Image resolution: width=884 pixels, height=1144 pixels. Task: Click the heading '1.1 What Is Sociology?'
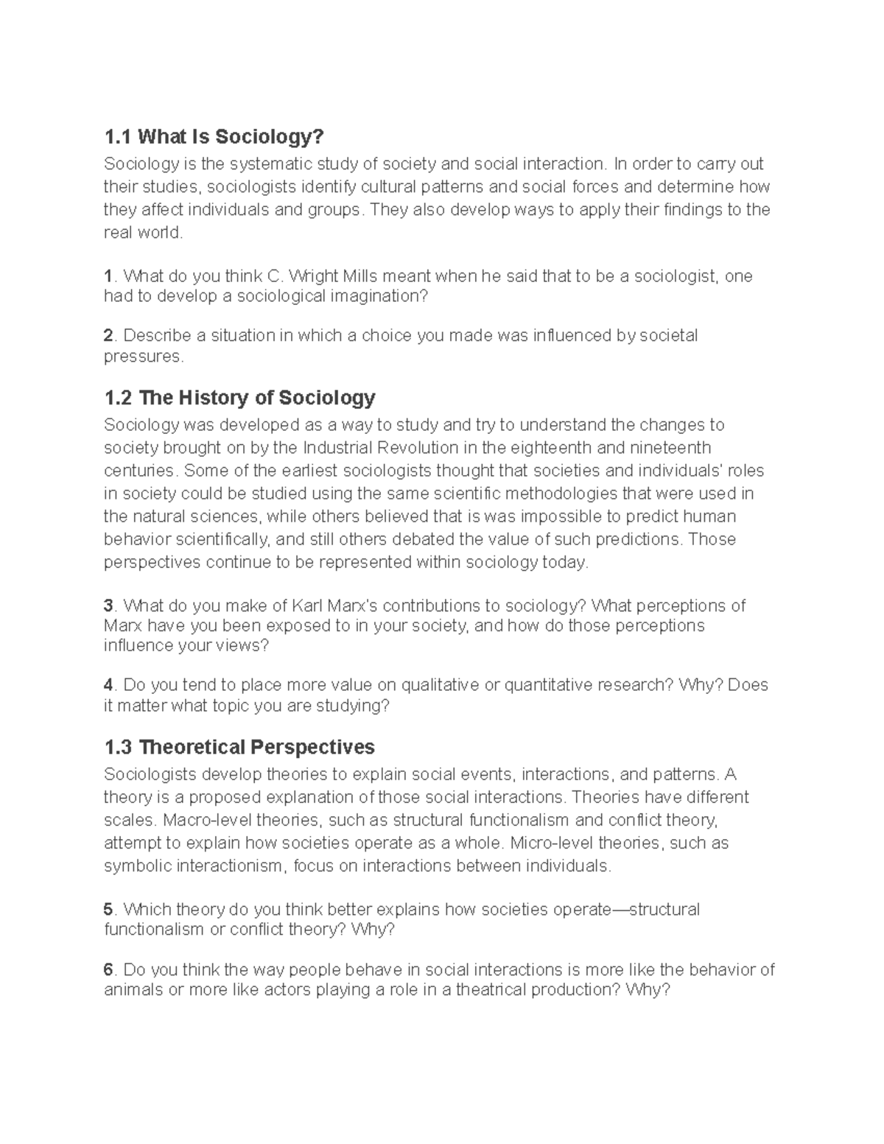[214, 137]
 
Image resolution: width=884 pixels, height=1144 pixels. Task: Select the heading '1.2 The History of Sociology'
[239, 399]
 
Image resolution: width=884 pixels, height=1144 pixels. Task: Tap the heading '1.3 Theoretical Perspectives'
[239, 748]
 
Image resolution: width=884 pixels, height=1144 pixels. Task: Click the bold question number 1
[108, 277]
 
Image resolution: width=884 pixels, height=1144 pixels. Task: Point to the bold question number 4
[109, 686]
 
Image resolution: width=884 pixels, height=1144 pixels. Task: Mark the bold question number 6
[109, 970]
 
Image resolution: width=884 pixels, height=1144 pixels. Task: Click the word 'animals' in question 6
[133, 989]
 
